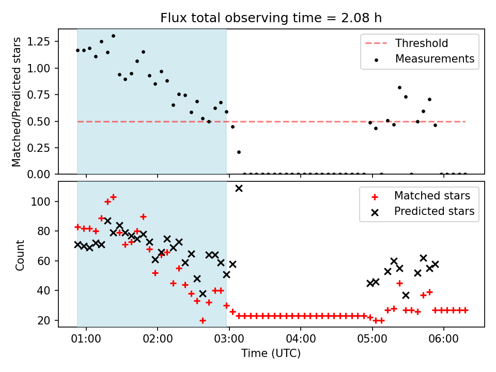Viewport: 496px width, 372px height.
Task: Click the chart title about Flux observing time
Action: pyautogui.click(x=271, y=18)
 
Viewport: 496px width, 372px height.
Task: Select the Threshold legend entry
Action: pyautogui.click(x=422, y=43)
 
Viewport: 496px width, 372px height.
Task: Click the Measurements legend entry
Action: pyautogui.click(x=435, y=59)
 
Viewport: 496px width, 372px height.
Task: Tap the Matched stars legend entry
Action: pyautogui.click(x=432, y=196)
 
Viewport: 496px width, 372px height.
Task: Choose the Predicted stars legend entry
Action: pyautogui.click(x=434, y=211)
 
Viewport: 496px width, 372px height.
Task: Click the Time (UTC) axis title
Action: pyautogui.click(x=271, y=354)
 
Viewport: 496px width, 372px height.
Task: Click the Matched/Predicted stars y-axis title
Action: pyautogui.click(x=17, y=102)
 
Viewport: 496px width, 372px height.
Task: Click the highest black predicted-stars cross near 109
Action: pyautogui.click(x=239, y=188)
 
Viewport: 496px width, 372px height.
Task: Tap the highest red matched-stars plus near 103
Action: pyautogui.click(x=113, y=197)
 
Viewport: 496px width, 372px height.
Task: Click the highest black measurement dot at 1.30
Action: pyautogui.click(x=113, y=36)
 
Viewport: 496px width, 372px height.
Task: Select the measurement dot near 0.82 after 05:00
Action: pyautogui.click(x=399, y=87)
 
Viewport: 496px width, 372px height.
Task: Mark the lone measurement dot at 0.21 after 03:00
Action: pyautogui.click(x=239, y=152)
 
